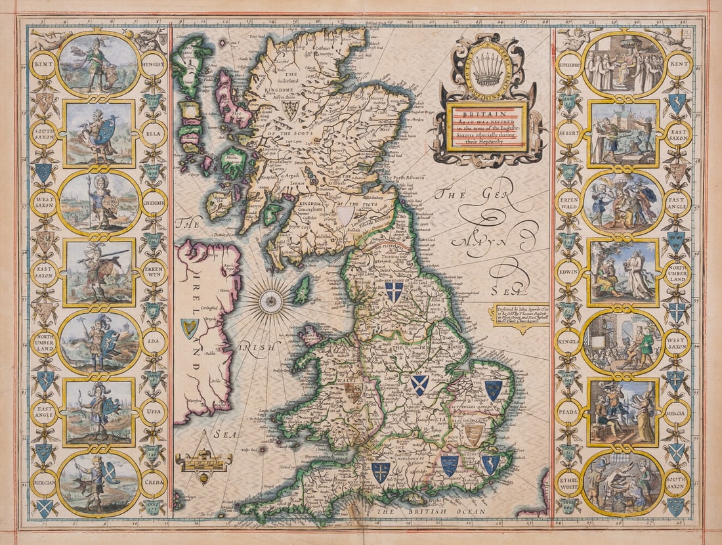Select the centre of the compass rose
click(270, 301)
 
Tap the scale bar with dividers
click(203, 457)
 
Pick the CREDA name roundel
click(153, 482)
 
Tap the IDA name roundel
click(153, 341)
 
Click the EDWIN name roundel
click(569, 271)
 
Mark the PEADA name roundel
click(569, 412)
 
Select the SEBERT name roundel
click(569, 132)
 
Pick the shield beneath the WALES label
click(354, 393)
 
